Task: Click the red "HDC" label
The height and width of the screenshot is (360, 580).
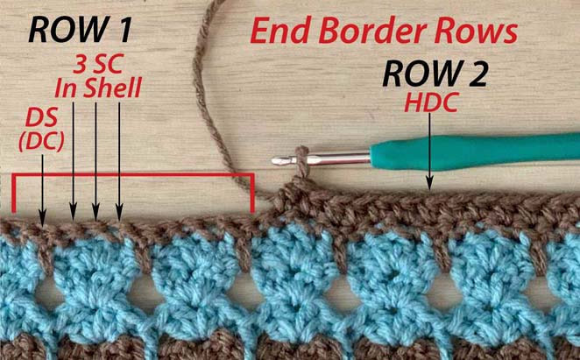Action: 431,102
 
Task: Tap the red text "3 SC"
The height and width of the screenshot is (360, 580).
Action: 98,64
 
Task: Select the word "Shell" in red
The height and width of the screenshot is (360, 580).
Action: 112,88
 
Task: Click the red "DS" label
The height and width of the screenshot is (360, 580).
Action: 41,118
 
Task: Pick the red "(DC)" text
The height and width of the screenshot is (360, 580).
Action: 41,142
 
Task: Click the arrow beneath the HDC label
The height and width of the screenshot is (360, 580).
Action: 429,152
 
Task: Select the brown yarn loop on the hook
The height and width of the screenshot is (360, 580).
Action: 302,162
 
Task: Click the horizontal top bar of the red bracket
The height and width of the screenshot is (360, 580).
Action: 133,175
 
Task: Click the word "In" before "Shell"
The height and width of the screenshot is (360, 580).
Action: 67,88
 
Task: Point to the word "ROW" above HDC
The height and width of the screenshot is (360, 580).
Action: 419,74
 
